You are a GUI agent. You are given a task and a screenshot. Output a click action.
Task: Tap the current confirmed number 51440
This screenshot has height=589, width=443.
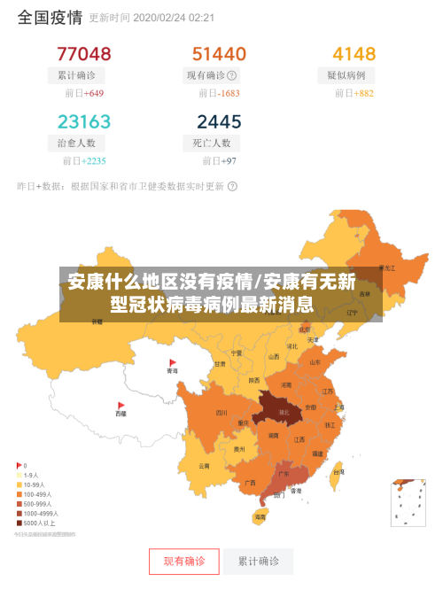(219, 54)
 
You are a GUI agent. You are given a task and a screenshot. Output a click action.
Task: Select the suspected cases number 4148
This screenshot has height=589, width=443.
(354, 54)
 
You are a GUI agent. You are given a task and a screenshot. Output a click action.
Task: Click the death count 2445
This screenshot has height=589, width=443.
(219, 121)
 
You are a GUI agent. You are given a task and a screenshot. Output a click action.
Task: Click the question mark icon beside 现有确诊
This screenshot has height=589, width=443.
(232, 75)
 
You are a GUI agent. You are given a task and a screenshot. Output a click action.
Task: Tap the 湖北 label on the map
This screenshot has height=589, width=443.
(283, 413)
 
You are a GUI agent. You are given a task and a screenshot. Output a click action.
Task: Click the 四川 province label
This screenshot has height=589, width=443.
(221, 412)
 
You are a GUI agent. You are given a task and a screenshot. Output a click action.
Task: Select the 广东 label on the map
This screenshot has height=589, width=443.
(283, 473)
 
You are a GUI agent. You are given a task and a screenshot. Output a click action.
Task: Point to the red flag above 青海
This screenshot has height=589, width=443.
(173, 362)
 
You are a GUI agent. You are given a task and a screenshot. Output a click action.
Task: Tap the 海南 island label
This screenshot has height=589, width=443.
(260, 515)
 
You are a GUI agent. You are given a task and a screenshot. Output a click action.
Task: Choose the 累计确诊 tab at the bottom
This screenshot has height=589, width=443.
(259, 562)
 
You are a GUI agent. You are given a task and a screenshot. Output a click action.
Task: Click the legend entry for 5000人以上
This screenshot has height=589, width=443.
(37, 523)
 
